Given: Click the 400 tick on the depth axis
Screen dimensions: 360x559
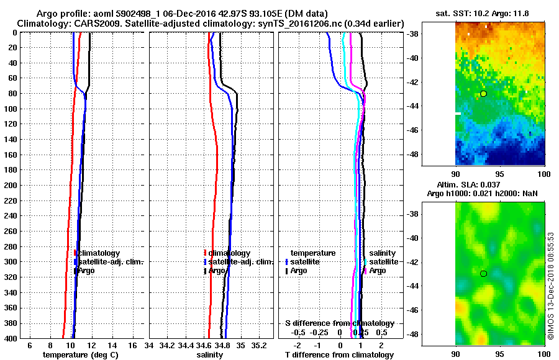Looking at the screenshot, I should pyautogui.click(x=13, y=338).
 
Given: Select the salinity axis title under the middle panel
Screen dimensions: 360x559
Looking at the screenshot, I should pyautogui.click(x=211, y=354).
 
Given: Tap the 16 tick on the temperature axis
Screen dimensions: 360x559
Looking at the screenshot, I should pyautogui.click(x=133, y=345).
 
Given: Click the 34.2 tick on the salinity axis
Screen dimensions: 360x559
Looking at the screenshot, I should pyautogui.click(x=167, y=345).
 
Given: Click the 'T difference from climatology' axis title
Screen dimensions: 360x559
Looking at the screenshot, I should pyautogui.click(x=339, y=354).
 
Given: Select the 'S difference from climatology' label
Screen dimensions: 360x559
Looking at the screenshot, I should pyautogui.click(x=339, y=323).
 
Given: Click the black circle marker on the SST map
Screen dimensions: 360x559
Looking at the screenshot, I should pyautogui.click(x=483, y=94).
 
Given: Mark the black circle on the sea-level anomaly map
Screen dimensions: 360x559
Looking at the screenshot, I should pyautogui.click(x=483, y=274).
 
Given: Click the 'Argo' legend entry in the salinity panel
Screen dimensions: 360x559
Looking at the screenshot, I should pyautogui.click(x=217, y=271).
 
